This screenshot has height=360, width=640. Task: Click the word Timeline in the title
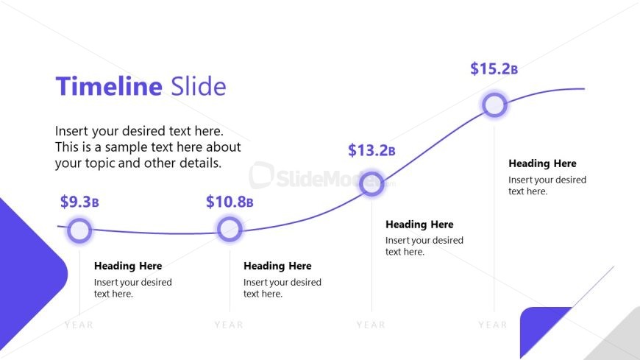click(x=109, y=87)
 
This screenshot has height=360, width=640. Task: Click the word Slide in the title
click(x=199, y=87)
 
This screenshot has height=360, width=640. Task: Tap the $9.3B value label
click(x=79, y=202)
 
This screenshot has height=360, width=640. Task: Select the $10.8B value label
click(x=230, y=202)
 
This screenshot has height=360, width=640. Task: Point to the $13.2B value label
click(x=371, y=151)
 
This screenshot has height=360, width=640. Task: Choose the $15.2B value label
click(x=494, y=69)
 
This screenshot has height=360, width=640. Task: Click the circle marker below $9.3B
click(x=79, y=231)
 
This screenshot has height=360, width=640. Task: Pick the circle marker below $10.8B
click(x=230, y=229)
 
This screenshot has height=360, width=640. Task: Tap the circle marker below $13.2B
click(x=371, y=184)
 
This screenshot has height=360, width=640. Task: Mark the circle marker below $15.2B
click(x=494, y=105)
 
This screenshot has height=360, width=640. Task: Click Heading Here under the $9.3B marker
click(x=128, y=266)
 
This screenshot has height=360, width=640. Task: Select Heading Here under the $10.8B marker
click(x=277, y=266)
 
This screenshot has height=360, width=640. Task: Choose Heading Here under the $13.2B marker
click(x=419, y=225)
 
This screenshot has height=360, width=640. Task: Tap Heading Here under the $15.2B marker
click(x=542, y=163)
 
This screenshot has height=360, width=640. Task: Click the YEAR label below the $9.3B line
click(x=79, y=325)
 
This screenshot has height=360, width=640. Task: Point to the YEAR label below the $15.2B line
click(x=493, y=325)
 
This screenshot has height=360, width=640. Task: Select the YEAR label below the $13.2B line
click(x=371, y=325)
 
